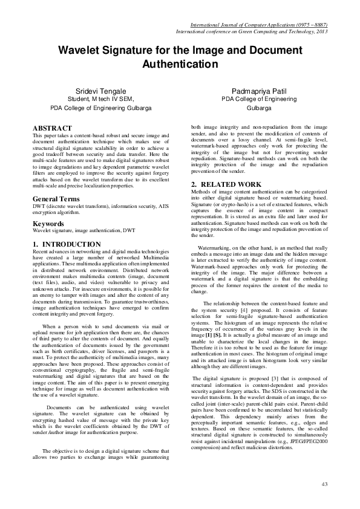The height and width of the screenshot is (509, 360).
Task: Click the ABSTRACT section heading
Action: tap(52, 128)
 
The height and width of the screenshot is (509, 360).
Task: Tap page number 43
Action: tap(324, 484)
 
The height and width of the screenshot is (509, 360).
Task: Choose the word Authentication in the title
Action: tap(180, 63)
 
